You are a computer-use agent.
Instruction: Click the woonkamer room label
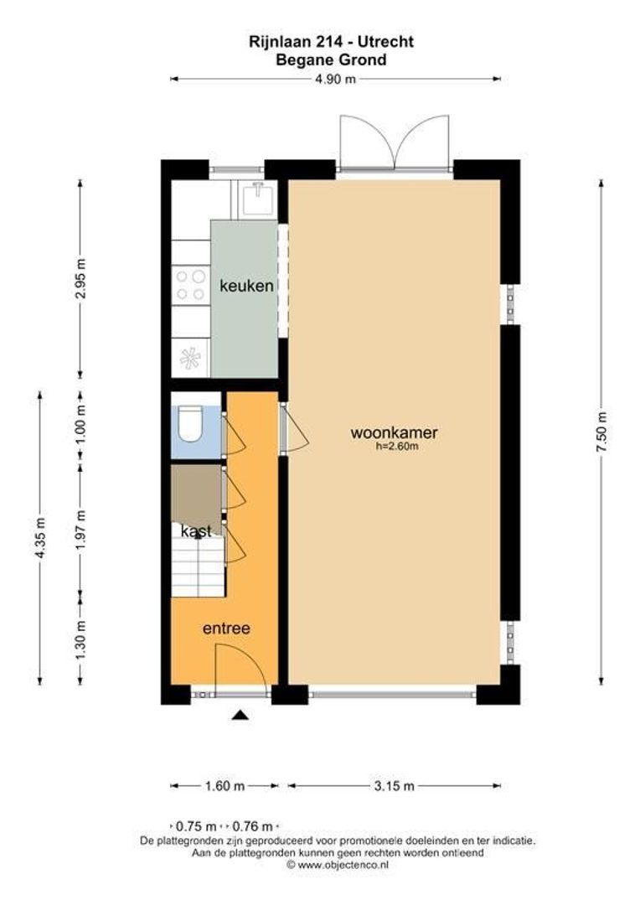(x=394, y=433)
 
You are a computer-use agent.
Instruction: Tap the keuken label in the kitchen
(x=246, y=287)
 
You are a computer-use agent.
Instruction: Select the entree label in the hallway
(x=227, y=628)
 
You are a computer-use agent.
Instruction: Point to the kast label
(x=196, y=531)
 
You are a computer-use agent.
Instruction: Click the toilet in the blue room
(x=190, y=425)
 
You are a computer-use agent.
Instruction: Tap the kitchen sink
(x=255, y=199)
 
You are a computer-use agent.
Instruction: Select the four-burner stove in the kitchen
(x=190, y=285)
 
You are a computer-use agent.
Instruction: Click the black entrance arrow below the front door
(x=240, y=715)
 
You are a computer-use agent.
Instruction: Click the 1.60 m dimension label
(x=225, y=786)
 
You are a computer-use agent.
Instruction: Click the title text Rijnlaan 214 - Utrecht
(x=333, y=41)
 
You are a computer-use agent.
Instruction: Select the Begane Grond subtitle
(x=332, y=59)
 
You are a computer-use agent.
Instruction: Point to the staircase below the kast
(x=198, y=566)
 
